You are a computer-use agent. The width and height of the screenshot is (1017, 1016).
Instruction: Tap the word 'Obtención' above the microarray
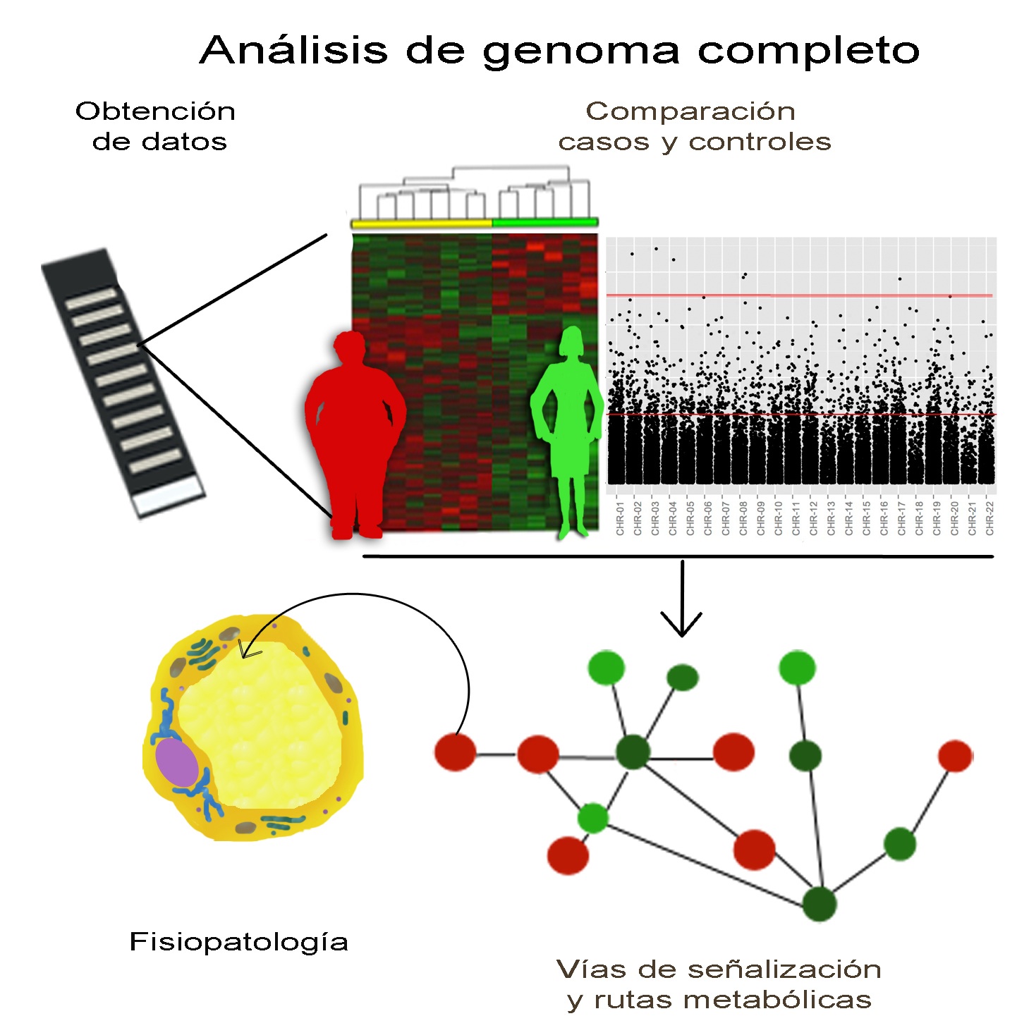pyautogui.click(x=155, y=111)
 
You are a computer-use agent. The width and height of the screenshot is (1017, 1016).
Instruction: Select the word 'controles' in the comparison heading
pyautogui.click(x=760, y=142)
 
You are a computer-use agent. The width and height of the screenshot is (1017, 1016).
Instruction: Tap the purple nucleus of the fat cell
pyautogui.click(x=177, y=763)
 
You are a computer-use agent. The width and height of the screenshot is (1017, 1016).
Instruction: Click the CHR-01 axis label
pyautogui.click(x=620, y=518)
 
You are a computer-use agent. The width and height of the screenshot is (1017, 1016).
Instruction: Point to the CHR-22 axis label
pyautogui.click(x=989, y=518)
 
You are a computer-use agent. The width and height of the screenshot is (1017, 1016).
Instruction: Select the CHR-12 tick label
pyautogui.click(x=814, y=518)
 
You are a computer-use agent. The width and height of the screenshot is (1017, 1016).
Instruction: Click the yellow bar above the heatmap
pyautogui.click(x=422, y=224)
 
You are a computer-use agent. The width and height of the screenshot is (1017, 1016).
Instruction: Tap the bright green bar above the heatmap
pyautogui.click(x=545, y=222)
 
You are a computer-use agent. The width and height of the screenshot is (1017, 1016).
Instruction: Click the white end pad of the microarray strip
pyautogui.click(x=168, y=496)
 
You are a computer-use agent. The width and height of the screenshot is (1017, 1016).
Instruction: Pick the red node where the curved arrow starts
pyautogui.click(x=456, y=752)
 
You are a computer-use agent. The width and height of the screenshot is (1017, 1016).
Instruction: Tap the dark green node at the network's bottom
pyautogui.click(x=820, y=904)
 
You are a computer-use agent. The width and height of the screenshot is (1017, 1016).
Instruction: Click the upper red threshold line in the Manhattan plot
pyautogui.click(x=800, y=295)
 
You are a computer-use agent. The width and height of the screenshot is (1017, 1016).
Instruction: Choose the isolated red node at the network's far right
pyautogui.click(x=955, y=756)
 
